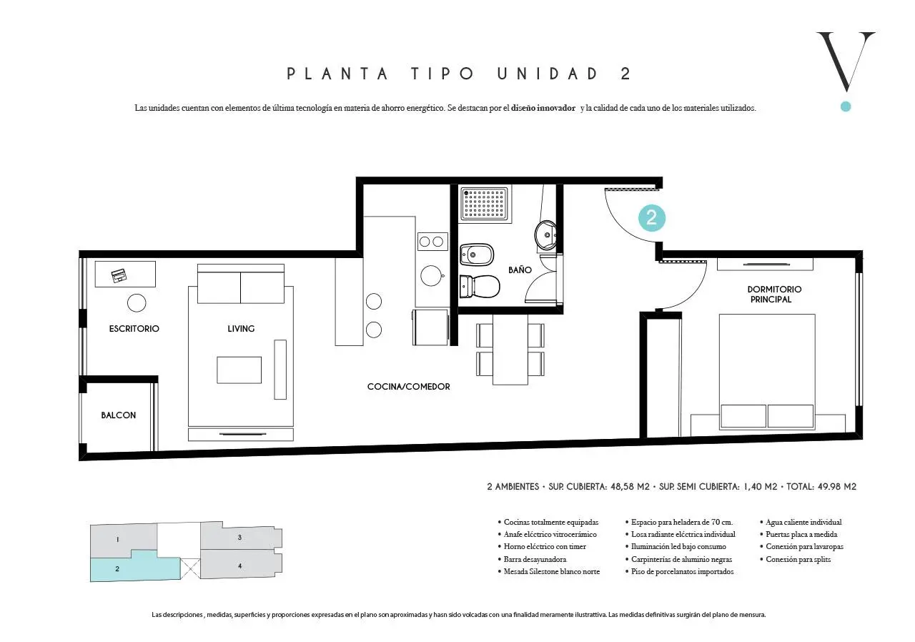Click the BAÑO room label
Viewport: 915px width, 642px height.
point(520,270)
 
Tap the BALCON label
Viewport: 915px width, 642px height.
point(119,415)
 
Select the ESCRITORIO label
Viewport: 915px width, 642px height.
point(134,328)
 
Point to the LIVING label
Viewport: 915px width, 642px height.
point(241,328)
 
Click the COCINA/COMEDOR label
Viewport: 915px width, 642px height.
point(408,386)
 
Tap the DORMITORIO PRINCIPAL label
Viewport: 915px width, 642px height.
point(774,294)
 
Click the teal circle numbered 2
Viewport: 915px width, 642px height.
point(652,218)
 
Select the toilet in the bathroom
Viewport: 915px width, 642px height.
point(480,286)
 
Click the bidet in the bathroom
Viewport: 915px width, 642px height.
point(477,255)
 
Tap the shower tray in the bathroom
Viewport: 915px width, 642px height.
point(485,203)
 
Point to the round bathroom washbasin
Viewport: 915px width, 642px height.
point(545,234)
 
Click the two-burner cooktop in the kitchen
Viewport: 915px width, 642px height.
point(432,242)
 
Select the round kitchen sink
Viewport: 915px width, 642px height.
point(431,276)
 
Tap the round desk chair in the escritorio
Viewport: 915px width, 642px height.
point(137,303)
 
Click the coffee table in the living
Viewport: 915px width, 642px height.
point(239,370)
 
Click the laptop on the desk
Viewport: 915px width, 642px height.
point(119,276)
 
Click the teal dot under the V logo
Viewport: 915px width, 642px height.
point(846,107)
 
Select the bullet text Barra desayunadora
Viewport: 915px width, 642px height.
point(535,559)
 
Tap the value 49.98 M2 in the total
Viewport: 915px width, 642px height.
point(837,486)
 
